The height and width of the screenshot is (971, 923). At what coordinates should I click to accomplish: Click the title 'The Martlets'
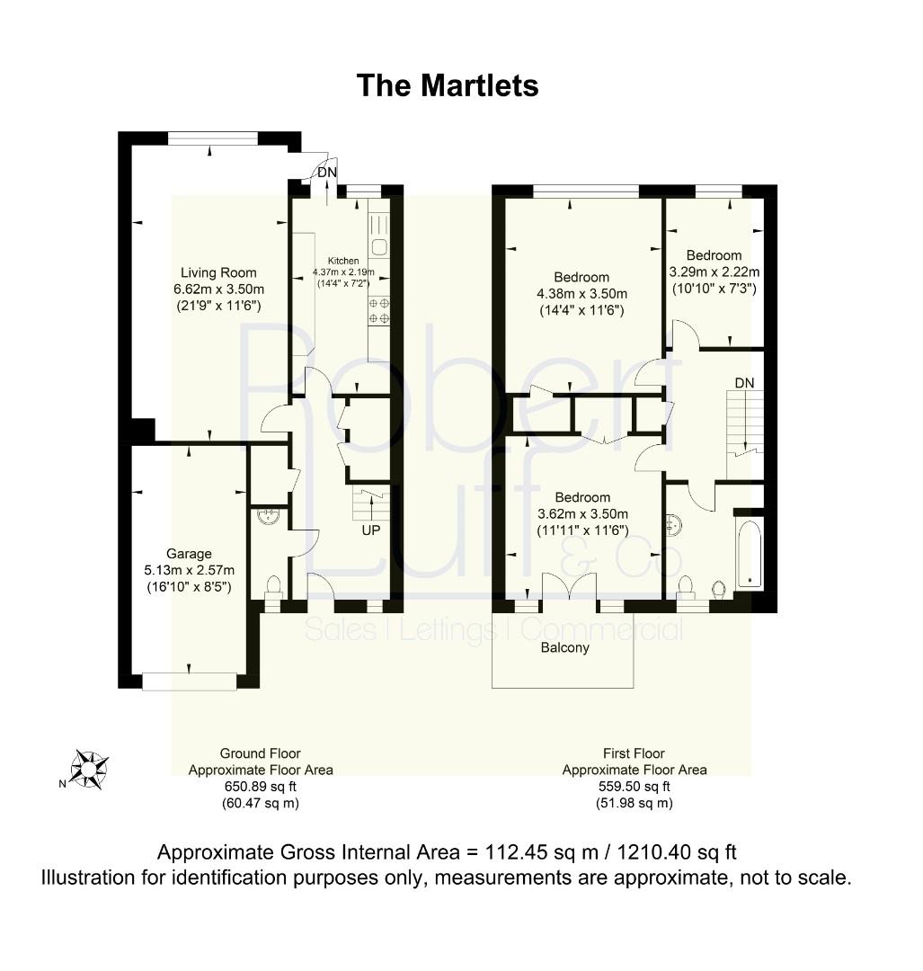click(447, 85)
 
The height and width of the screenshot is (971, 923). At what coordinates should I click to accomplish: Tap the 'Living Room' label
click(218, 272)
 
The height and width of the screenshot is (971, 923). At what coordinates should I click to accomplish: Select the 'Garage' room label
click(189, 554)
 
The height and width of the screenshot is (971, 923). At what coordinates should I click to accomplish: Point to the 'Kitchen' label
click(343, 261)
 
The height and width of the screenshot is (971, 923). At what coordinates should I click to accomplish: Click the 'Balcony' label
click(564, 647)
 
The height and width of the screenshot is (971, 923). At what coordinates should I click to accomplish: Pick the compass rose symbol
click(89, 770)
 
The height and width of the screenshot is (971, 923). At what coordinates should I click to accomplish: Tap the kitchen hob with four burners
click(379, 311)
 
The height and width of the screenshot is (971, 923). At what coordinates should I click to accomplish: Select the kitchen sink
click(379, 247)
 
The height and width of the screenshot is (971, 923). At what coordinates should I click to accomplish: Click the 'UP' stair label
click(371, 530)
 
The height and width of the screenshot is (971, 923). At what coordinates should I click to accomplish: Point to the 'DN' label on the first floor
click(745, 383)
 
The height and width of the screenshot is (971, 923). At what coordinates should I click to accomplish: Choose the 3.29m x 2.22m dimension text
click(714, 272)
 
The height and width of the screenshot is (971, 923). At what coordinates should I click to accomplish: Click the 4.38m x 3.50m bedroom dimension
click(581, 293)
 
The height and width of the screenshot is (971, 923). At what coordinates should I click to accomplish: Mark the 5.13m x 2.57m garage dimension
click(189, 570)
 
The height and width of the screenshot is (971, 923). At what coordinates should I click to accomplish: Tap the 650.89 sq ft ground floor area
click(261, 787)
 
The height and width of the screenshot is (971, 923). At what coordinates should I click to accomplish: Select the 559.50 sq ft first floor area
click(634, 787)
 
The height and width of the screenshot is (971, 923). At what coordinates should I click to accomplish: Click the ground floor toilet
click(273, 587)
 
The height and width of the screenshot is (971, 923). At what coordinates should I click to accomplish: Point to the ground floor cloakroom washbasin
click(268, 516)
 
